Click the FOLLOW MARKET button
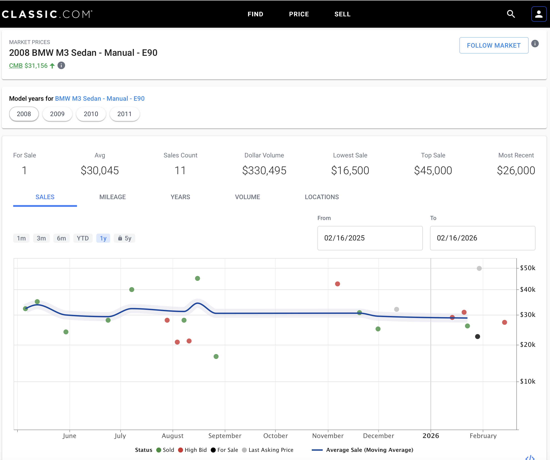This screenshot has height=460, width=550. (x=494, y=45)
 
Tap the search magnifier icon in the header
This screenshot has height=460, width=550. (x=511, y=14)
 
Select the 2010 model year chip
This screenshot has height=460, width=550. (x=91, y=114)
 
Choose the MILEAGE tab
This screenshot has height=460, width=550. (x=113, y=197)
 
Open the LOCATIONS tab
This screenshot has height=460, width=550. (x=322, y=197)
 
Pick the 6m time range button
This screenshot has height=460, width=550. (x=61, y=238)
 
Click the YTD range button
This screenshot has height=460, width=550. (x=83, y=238)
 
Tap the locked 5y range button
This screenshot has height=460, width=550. (x=124, y=238)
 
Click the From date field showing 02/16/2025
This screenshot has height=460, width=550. (x=370, y=238)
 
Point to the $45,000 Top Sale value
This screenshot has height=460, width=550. (x=433, y=171)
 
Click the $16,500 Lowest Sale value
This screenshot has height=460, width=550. (x=350, y=171)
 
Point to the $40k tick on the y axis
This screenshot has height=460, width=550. (x=528, y=289)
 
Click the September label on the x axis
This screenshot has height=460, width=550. (x=225, y=436)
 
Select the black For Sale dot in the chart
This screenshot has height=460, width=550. (x=478, y=337)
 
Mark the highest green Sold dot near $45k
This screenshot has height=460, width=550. (x=198, y=278)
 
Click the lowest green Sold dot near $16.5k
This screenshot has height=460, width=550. (x=216, y=356)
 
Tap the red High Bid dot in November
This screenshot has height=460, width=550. (x=338, y=284)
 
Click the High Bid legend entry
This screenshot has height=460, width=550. (x=193, y=450)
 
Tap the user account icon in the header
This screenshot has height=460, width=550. (x=539, y=14)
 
